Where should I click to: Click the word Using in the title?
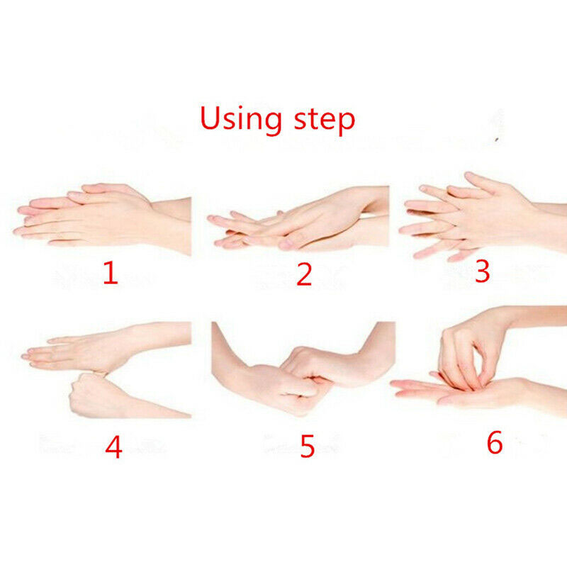tap(241, 119)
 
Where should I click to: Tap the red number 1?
tap(111, 273)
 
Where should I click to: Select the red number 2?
tap(304, 274)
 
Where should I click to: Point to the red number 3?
tap(483, 271)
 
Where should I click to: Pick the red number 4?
tap(113, 447)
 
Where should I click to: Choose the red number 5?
tap(307, 447)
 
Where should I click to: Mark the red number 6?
tap(495, 442)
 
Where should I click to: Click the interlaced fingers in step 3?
tap(466, 217)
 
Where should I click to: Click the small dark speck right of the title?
tap(498, 139)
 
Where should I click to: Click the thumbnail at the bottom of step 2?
tap(286, 244)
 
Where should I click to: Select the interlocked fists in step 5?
tap(300, 380)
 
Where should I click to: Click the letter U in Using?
tap(210, 118)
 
